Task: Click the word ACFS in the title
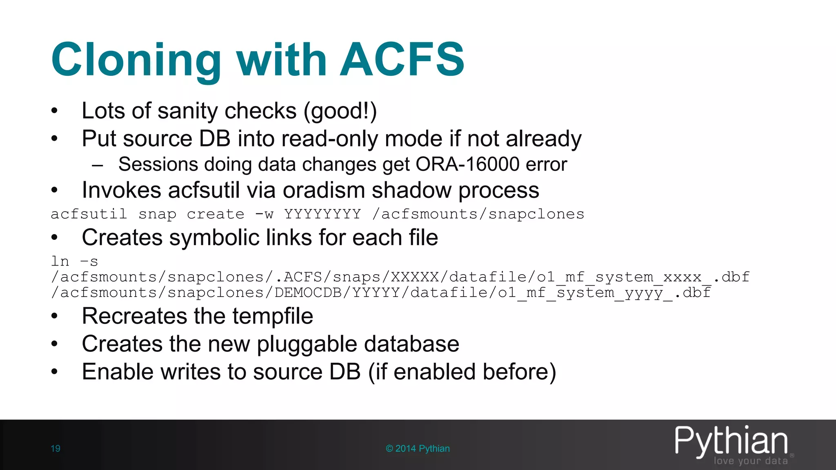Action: coord(402,60)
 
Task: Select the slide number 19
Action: coord(56,449)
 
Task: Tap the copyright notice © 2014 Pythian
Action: coord(418,449)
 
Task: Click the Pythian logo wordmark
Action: coord(731,441)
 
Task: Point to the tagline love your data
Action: coord(751,461)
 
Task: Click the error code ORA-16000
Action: coord(467,164)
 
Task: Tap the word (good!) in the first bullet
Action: coord(340,111)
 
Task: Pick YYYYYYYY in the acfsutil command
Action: coord(322,214)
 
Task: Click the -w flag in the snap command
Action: coord(264,214)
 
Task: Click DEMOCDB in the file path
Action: coord(308,293)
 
